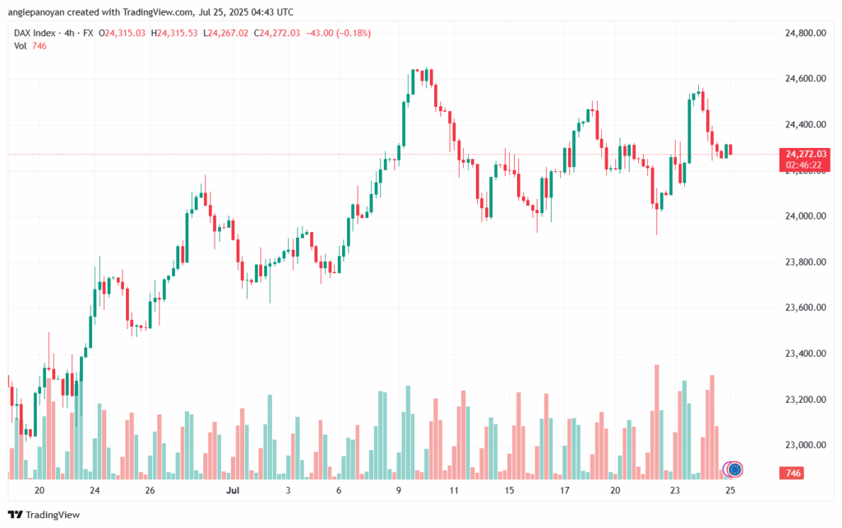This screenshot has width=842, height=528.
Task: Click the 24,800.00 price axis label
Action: (805, 33)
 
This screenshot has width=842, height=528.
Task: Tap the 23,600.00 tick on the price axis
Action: (805, 308)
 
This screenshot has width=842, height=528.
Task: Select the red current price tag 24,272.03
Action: (805, 154)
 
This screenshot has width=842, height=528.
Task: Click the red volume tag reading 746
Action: (793, 474)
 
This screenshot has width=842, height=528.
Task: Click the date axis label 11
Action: (453, 490)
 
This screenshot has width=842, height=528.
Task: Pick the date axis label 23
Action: (674, 490)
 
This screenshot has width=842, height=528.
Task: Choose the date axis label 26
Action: (150, 490)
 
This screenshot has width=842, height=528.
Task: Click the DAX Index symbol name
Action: (37, 33)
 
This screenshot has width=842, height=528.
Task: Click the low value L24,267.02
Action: (227, 33)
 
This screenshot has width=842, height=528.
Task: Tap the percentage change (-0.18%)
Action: (351, 33)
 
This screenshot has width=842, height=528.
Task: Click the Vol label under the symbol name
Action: (21, 46)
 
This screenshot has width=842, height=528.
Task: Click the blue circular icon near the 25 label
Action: (735, 469)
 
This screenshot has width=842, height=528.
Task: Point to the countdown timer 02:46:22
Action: (805, 164)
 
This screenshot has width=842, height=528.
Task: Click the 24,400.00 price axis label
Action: (805, 124)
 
